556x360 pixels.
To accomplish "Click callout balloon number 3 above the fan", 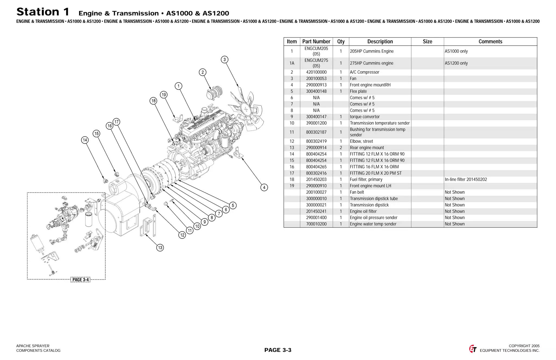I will coord(225,60).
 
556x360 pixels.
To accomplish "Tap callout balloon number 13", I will coord(160,248).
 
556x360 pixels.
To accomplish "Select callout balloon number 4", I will coord(264,187).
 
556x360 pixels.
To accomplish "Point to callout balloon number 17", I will coord(116,122).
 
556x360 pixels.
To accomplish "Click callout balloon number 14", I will coord(85,140).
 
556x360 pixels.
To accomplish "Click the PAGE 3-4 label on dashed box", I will coord(80,280).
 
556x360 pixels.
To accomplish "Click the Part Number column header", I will coord(316,42).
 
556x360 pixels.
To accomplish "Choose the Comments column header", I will coord(490,42).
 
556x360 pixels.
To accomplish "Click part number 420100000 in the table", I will coord(316,72).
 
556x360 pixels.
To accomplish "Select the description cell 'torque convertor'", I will coord(365,117).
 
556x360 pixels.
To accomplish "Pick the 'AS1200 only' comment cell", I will coord(456,63).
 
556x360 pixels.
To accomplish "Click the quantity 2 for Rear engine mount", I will coord(341,148).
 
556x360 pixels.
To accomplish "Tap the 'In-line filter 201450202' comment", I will coord(466,180).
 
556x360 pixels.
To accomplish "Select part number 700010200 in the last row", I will coord(316,224).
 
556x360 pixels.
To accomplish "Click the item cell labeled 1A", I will coord(292,63).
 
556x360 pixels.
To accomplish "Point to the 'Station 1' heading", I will coord(43,12).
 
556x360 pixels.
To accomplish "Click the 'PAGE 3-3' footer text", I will coord(278,350).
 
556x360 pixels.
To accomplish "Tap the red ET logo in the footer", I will coord(473,349).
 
